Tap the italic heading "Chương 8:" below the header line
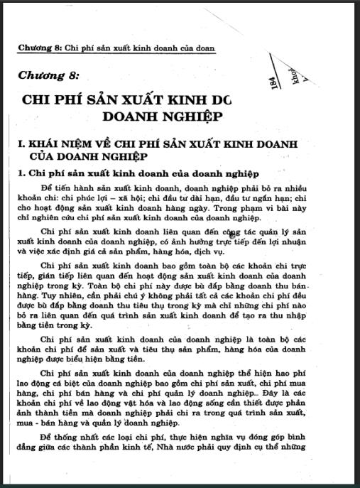[49, 75]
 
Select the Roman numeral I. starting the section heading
[21, 145]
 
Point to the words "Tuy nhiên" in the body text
[45, 293]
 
